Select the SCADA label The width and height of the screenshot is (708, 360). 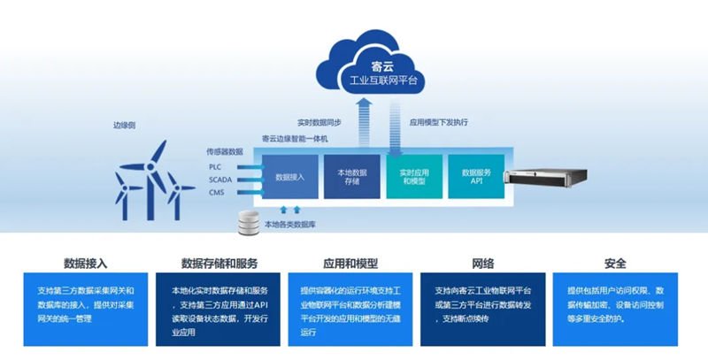click(x=219, y=179)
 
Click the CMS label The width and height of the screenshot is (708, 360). click(x=216, y=191)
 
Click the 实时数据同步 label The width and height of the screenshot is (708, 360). click(x=319, y=122)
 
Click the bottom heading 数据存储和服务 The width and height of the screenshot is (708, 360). click(x=219, y=263)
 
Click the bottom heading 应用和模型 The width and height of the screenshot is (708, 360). click(x=351, y=263)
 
